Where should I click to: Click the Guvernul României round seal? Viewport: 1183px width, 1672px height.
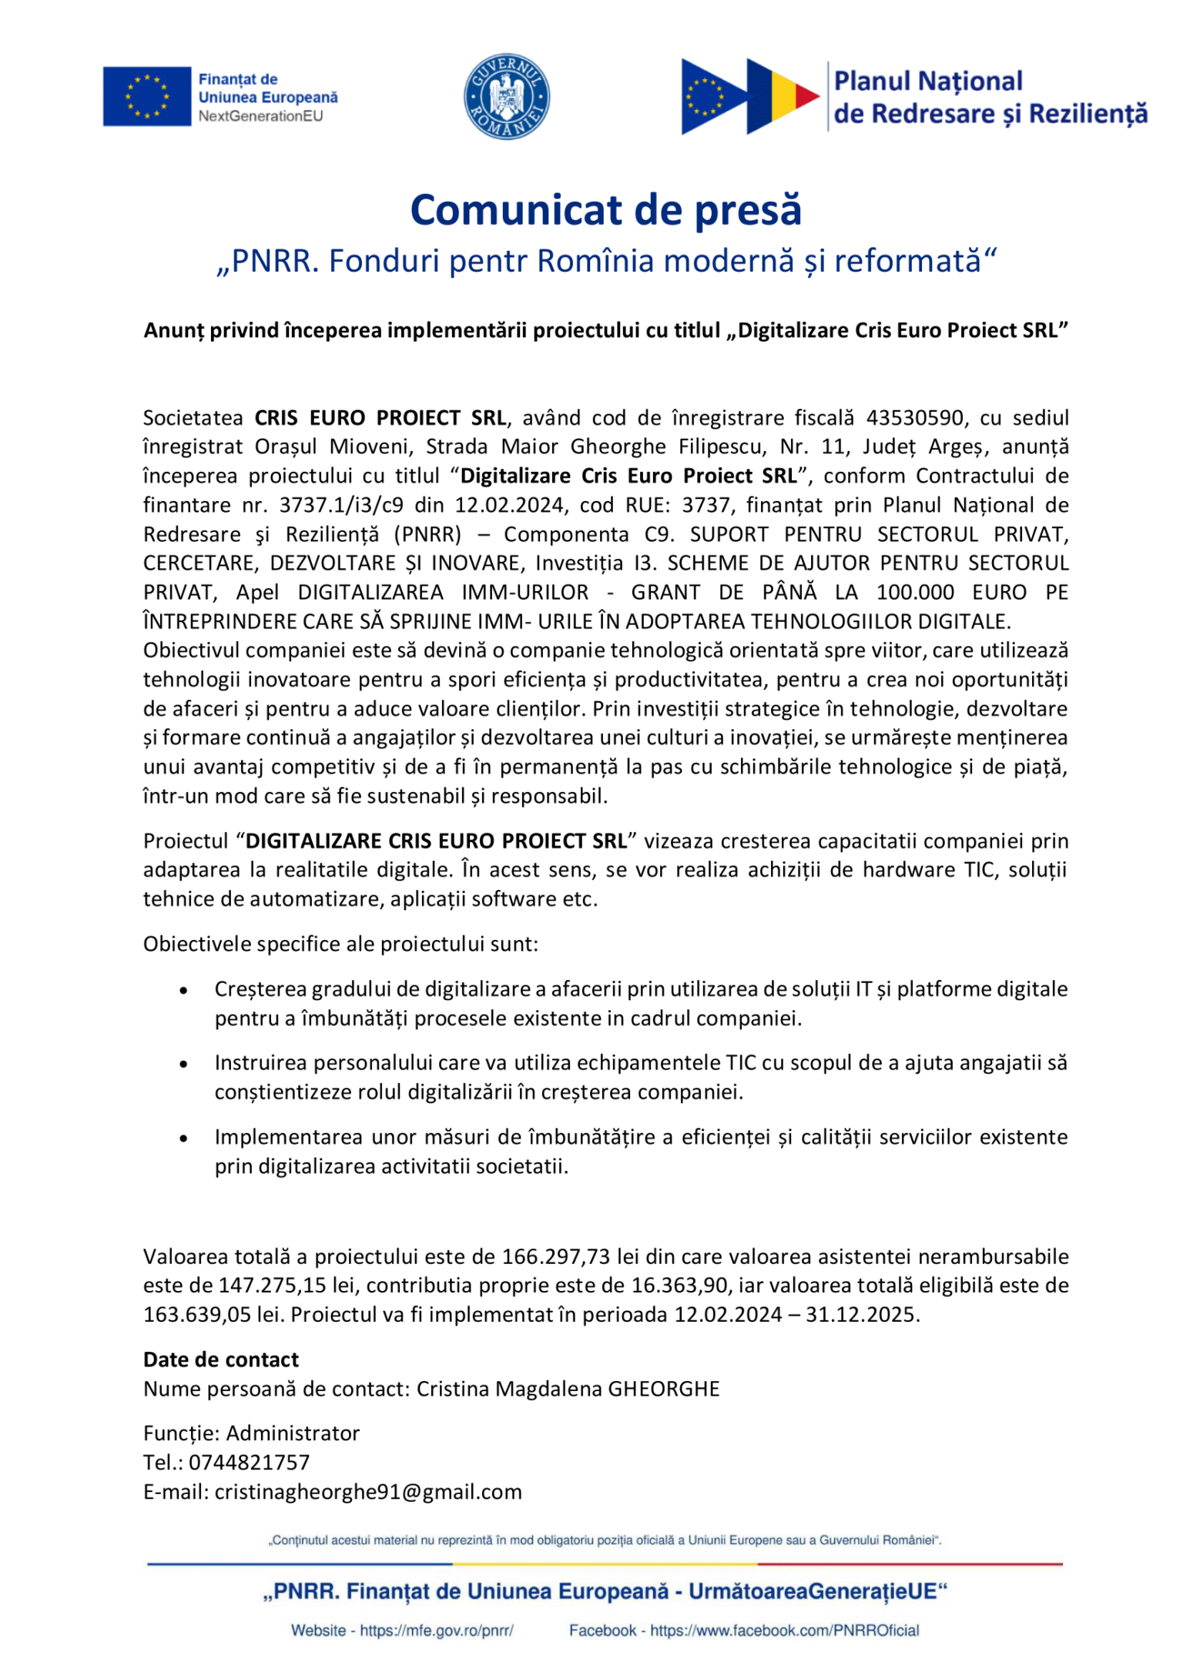pos(506,97)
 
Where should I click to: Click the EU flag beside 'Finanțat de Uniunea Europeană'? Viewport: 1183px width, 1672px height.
pos(147,96)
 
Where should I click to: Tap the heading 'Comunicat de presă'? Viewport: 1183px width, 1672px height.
pos(605,209)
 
